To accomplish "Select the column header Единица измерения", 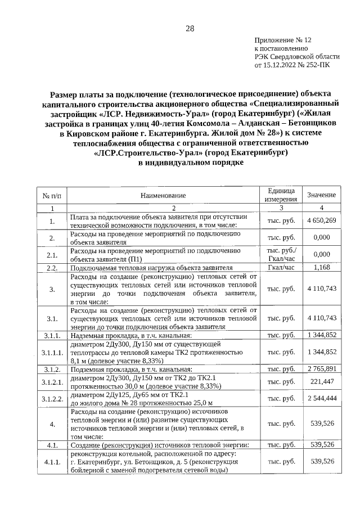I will pyautogui.click(x=281, y=195).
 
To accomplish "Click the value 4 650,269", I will pyautogui.click(x=321, y=221).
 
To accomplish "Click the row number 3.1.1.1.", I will pyautogui.click(x=52, y=352).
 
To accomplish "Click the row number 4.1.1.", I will pyautogui.click(x=52, y=461).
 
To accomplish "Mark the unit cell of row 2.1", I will pyautogui.click(x=281, y=254).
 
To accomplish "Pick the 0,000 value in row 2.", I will pyautogui.click(x=321, y=237).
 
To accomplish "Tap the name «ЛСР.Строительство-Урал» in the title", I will pyautogui.click(x=150, y=153).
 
